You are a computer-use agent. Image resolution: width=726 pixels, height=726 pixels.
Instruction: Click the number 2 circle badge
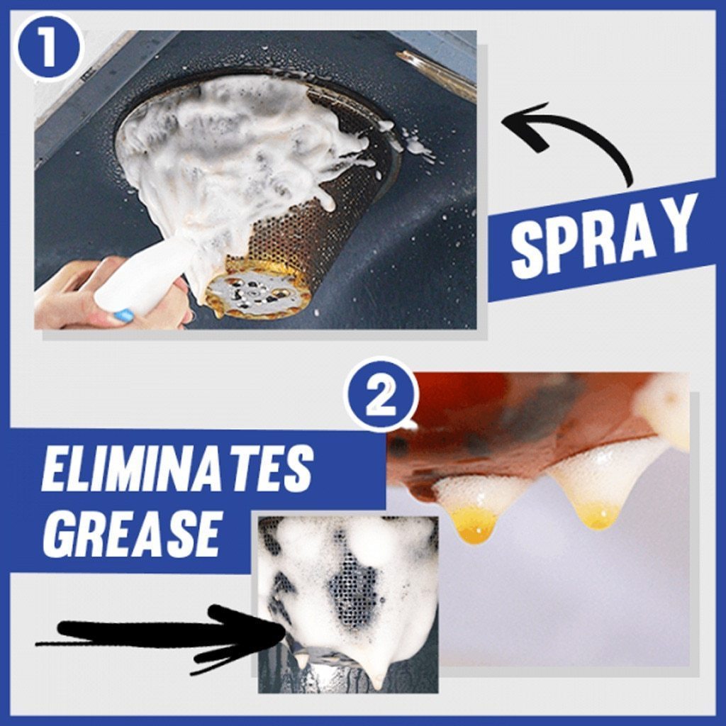pyautogui.click(x=381, y=395)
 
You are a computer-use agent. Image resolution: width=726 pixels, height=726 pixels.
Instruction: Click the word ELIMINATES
pyautogui.click(x=177, y=469)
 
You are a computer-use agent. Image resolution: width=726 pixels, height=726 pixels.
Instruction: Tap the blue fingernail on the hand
pyautogui.click(x=123, y=315)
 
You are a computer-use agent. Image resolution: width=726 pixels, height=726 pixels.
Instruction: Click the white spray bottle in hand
pyautogui.click(x=145, y=280)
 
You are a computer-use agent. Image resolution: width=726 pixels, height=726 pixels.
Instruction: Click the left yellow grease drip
pyautogui.click(x=474, y=523)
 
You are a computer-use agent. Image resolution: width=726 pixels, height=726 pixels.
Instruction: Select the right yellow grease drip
pyautogui.click(x=599, y=516)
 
